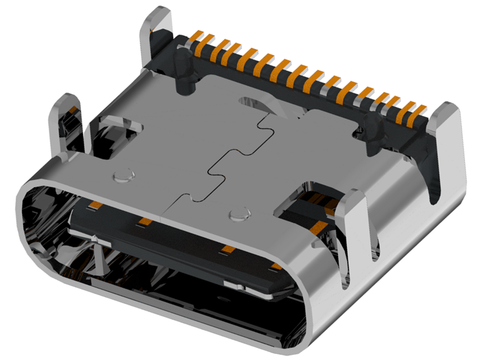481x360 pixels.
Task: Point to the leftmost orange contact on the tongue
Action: (95, 205)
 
